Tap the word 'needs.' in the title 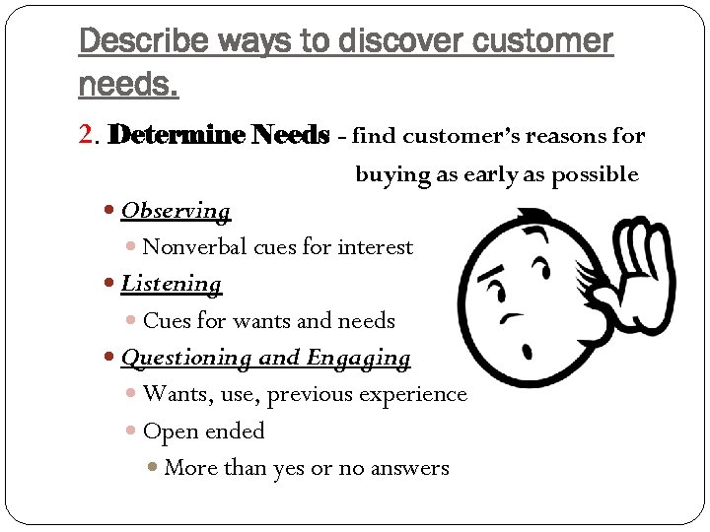pyautogui.click(x=128, y=86)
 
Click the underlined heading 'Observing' pyautogui.click(x=176, y=211)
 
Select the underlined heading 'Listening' pyautogui.click(x=172, y=284)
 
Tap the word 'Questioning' pyautogui.click(x=185, y=358)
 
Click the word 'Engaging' pyautogui.click(x=358, y=358)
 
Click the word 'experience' pyautogui.click(x=415, y=394)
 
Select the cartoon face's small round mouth pyautogui.click(x=524, y=347)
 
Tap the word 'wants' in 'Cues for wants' pyautogui.click(x=261, y=321)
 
